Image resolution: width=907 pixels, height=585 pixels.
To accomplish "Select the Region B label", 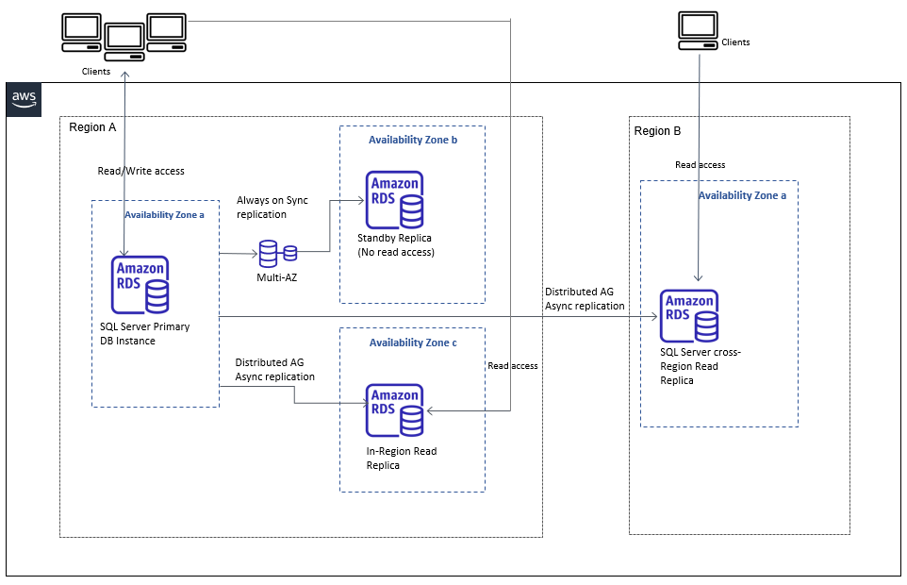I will point(657,131).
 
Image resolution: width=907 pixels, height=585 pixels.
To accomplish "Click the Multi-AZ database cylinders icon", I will point(277,252).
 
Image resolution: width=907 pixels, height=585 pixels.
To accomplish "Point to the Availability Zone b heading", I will point(413,140).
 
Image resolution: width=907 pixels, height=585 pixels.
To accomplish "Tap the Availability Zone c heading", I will point(413,343).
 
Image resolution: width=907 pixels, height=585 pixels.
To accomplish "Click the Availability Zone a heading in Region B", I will point(742,195).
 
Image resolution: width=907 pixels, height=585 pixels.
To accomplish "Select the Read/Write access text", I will point(141,171).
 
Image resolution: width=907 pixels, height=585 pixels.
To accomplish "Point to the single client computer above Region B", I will point(698,31).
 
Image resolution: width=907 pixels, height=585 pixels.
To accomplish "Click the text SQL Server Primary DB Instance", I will point(144,334).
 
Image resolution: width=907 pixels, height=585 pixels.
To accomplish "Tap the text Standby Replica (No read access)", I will point(396,245).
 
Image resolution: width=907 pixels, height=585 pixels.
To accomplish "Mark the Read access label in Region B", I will point(700,164).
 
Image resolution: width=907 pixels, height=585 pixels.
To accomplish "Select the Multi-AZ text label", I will point(277,278).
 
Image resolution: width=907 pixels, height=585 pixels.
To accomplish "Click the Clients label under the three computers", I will point(96,72).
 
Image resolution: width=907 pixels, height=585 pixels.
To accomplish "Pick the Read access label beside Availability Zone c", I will point(513,365).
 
